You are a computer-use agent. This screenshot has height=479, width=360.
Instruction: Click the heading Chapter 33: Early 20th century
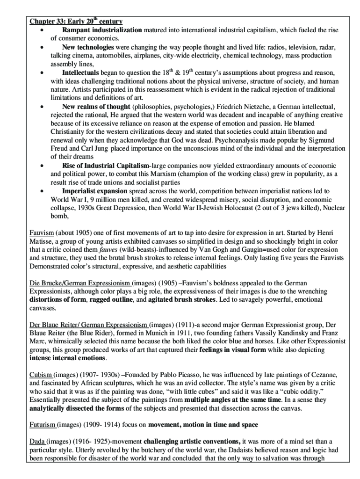[x=76, y=22]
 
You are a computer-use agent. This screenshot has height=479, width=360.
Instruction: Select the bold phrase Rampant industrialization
[x=102, y=30]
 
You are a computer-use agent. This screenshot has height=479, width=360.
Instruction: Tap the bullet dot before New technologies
[x=43, y=48]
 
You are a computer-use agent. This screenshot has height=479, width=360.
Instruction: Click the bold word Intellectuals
[x=80, y=73]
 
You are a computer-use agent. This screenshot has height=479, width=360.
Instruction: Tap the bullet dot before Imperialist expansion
[x=43, y=191]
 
